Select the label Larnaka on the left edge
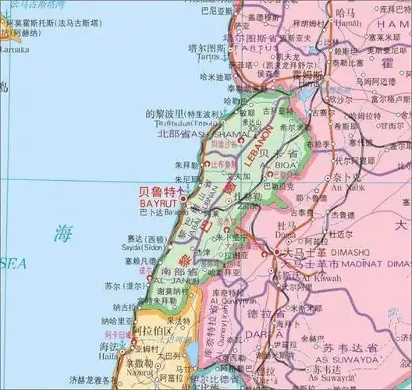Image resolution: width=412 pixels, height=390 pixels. coord(14,49)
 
